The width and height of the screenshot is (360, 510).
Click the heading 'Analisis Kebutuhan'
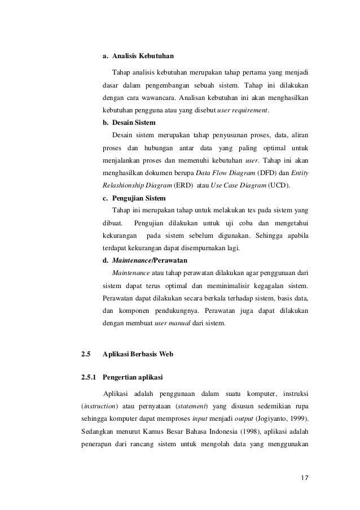143,56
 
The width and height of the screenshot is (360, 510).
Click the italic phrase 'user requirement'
242,110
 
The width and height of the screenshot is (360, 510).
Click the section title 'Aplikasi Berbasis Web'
138,354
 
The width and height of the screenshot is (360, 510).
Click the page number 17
304,480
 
